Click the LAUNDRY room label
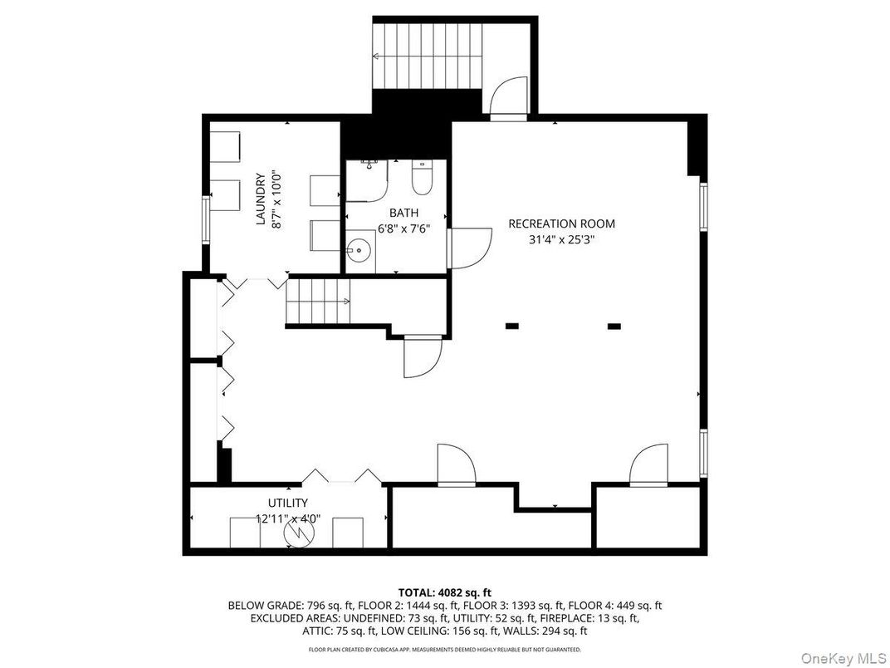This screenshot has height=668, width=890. pyautogui.click(x=260, y=199)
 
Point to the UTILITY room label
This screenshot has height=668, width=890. pyautogui.click(x=287, y=503)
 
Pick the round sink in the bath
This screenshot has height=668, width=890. pyautogui.click(x=359, y=248)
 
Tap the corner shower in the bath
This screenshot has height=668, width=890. pyautogui.click(x=366, y=179)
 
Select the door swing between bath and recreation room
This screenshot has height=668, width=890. pyautogui.click(x=467, y=248)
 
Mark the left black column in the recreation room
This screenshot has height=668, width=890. pyautogui.click(x=511, y=327)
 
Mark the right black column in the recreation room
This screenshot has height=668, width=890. pyautogui.click(x=614, y=327)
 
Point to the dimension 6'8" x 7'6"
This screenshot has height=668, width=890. pyautogui.click(x=394, y=228)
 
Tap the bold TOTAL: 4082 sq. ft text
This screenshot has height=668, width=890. pyautogui.click(x=444, y=592)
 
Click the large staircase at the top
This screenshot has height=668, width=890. pyautogui.click(x=427, y=56)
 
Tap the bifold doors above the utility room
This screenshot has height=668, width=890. pyautogui.click(x=341, y=476)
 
